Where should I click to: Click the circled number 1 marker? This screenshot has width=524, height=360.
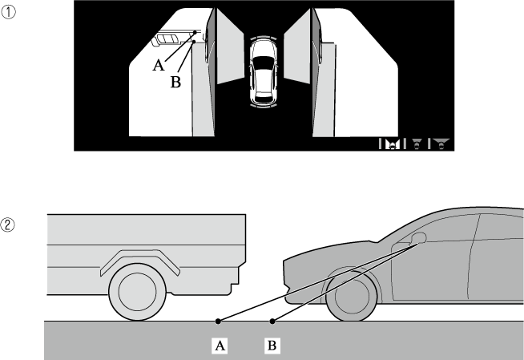tap(8, 12)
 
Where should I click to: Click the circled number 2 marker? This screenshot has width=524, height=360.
tap(7, 225)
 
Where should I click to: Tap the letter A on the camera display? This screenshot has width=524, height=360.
tap(159, 65)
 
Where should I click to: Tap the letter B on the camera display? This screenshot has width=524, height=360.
tap(175, 82)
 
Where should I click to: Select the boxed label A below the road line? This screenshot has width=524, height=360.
tap(220, 346)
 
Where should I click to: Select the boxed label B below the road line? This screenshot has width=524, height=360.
tap(272, 346)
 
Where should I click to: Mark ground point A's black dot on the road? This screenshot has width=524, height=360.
tap(218, 322)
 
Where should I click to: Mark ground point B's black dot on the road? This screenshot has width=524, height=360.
tap(272, 322)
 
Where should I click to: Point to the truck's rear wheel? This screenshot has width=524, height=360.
tap(137, 292)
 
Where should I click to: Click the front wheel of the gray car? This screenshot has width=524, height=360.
tap(352, 296)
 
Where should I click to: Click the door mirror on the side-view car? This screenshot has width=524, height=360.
tap(418, 237)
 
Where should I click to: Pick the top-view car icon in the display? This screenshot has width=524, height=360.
tap(264, 71)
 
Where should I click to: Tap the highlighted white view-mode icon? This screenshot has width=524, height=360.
tap(393, 144)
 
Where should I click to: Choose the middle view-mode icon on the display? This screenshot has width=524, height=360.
tap(417, 144)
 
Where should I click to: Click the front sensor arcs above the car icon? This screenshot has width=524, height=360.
tap(264, 36)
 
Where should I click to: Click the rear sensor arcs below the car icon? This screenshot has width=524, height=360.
tap(264, 107)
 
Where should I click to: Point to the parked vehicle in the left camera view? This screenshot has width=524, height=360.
tap(170, 38)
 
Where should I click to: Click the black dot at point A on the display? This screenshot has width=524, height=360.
tap(195, 32)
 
